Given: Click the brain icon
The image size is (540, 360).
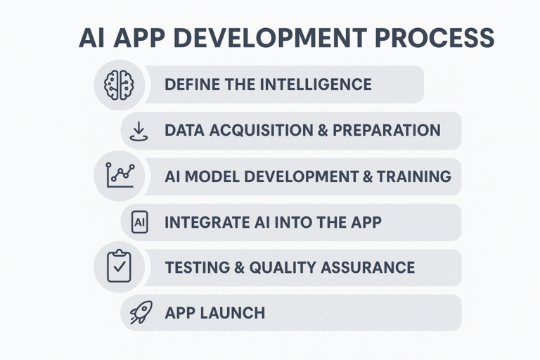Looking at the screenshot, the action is click(x=119, y=85).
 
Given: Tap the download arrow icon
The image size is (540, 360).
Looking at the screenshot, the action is click(x=139, y=131).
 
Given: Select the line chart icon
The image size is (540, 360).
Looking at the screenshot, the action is click(x=120, y=175).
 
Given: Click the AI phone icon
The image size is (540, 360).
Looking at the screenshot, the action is click(x=139, y=222).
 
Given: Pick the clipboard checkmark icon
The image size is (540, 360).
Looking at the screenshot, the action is click(x=119, y=266).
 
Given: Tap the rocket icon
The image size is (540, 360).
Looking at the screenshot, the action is click(x=141, y=312).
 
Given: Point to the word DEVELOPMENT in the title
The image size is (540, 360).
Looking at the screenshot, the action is click(x=272, y=37).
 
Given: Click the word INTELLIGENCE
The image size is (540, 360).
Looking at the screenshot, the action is click(x=316, y=84).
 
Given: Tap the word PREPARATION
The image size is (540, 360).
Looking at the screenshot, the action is click(x=387, y=130).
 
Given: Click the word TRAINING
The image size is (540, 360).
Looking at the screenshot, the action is click(x=414, y=176).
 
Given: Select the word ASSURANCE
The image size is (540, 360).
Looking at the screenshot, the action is click(x=368, y=267).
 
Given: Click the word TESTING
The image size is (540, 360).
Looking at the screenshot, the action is click(x=198, y=267).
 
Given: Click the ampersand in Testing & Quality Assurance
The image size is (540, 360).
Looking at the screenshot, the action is click(x=239, y=267).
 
